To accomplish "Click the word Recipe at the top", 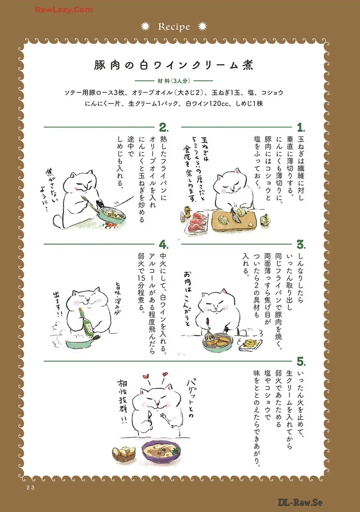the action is [x=174, y=27].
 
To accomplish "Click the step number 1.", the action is [x=301, y=127].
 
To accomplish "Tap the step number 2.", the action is [x=164, y=127].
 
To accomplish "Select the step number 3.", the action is [x=301, y=244].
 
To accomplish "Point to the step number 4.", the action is [x=164, y=244].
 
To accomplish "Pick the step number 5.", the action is [x=301, y=361].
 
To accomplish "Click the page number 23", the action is [x=30, y=488].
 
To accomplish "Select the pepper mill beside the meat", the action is [x=188, y=212].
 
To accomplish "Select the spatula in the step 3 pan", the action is [x=208, y=331].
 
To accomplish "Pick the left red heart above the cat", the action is [x=146, y=376].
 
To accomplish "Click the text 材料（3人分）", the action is [x=174, y=81].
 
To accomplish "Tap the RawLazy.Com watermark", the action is [x=64, y=10].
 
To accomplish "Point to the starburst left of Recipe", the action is [x=145, y=27].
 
